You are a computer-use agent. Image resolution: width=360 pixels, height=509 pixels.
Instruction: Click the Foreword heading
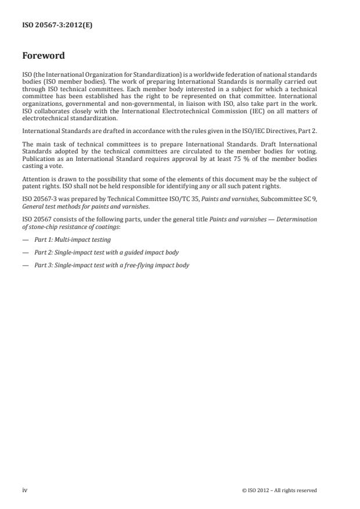point(44,56)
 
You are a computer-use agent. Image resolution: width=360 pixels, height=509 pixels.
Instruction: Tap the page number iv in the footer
point(25,490)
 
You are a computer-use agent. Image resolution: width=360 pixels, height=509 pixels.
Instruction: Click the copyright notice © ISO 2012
point(279,490)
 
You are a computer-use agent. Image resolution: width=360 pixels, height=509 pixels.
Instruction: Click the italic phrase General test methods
point(47,206)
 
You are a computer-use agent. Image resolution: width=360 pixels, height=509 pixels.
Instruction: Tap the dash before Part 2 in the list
point(25,252)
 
